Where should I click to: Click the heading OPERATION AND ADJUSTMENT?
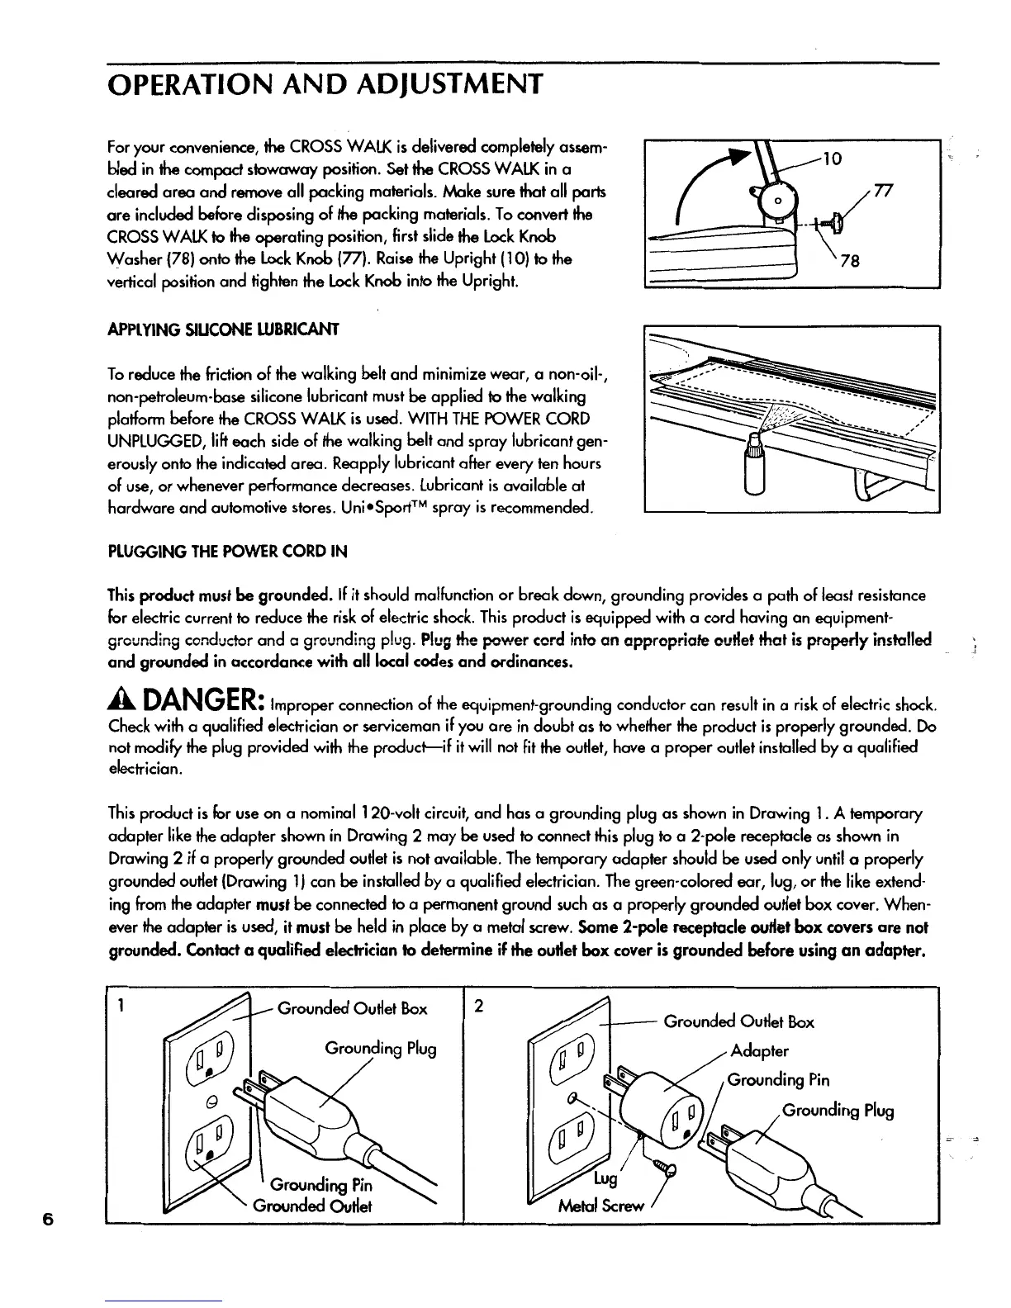(x=325, y=83)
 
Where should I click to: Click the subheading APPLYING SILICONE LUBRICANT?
(x=223, y=329)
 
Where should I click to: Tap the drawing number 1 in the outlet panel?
(x=121, y=1007)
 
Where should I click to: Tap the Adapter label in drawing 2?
(x=760, y=1051)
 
